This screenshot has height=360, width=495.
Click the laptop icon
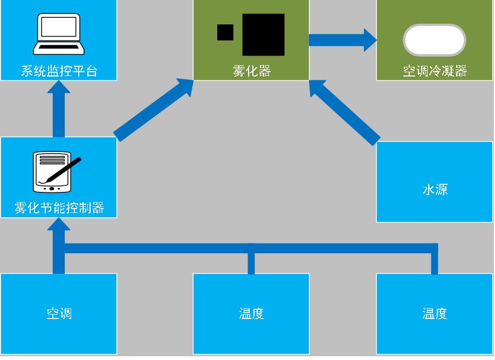(x=59, y=35)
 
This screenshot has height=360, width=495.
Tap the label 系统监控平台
(x=59, y=71)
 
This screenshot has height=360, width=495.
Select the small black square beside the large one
(x=225, y=32)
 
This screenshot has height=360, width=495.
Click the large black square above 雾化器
(x=263, y=34)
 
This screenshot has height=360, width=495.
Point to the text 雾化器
(x=251, y=71)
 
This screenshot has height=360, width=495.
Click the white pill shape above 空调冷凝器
(x=435, y=40)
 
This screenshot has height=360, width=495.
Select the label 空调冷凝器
(x=435, y=71)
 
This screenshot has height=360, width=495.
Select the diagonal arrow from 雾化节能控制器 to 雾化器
(x=154, y=110)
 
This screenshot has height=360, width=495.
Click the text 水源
(x=435, y=189)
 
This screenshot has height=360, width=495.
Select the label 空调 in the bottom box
(x=59, y=313)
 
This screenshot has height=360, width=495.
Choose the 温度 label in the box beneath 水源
(x=435, y=313)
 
